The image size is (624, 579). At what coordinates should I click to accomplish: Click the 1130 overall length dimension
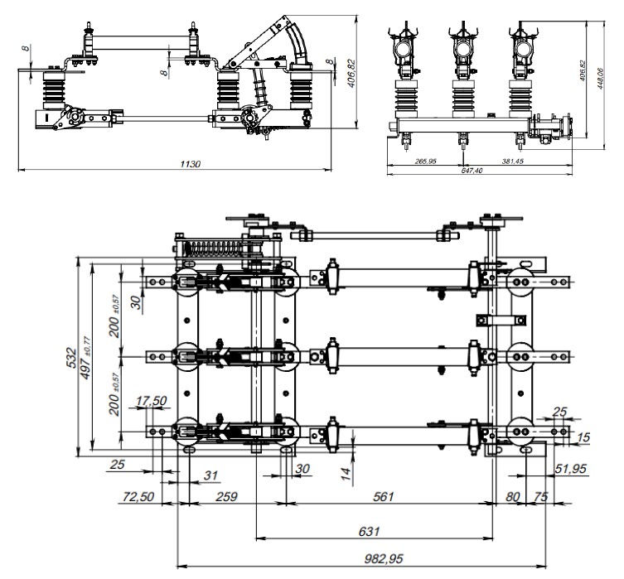tap(191, 165)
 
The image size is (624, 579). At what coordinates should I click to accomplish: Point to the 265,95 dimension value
tap(423, 160)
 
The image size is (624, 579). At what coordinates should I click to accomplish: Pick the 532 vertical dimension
tap(73, 358)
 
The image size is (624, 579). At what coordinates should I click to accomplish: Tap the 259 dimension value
tap(226, 496)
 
